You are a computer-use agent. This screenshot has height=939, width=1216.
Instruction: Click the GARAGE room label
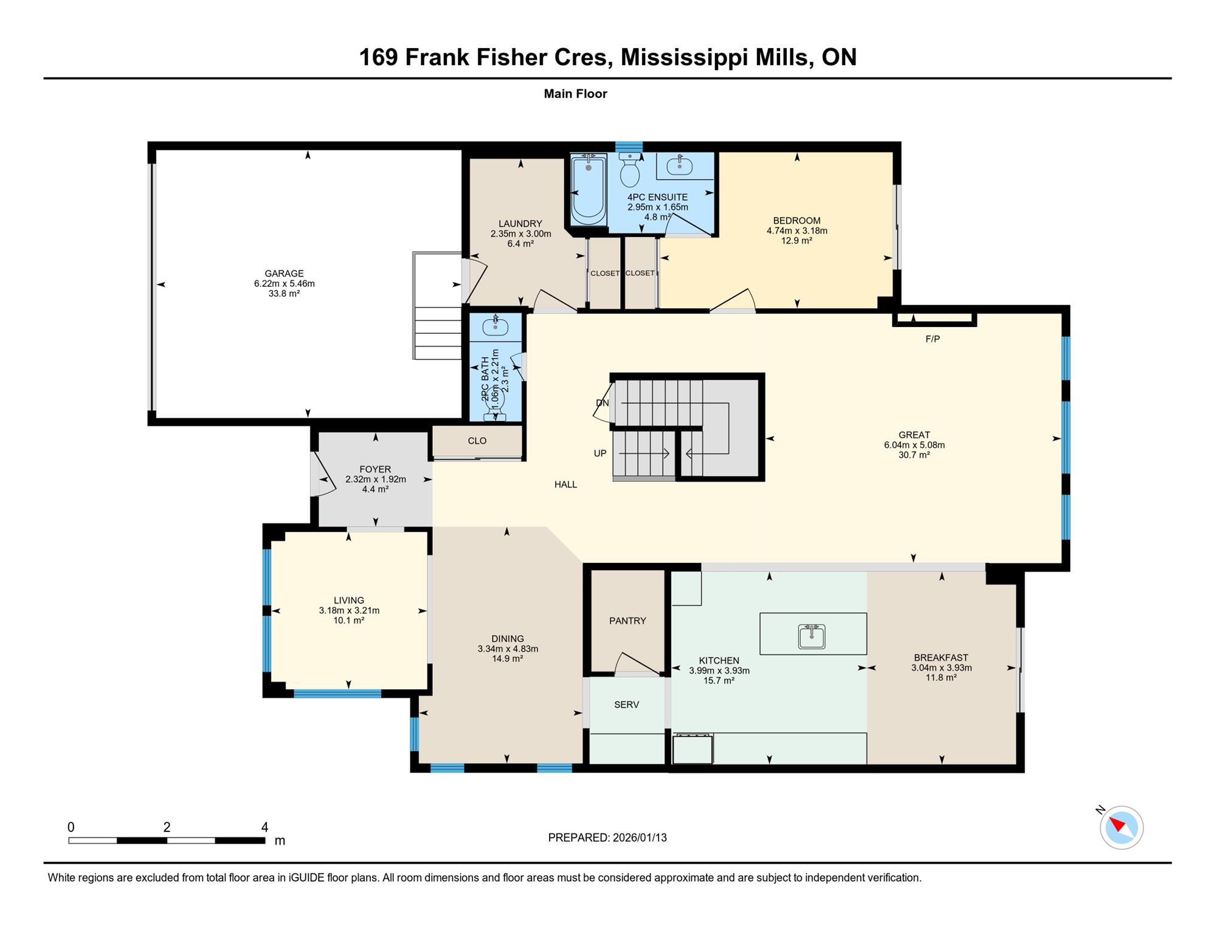coord(284,273)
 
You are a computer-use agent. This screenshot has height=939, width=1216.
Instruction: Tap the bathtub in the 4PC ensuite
coord(589,189)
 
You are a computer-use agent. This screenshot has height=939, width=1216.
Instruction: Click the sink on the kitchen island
coord(812,636)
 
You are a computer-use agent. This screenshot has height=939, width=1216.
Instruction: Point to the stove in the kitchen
coord(693,749)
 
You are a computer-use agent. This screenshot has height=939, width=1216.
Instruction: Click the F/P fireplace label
coord(933,339)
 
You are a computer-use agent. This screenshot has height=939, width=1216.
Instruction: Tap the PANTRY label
coord(627,621)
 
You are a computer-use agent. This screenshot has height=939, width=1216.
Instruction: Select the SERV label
coord(626,704)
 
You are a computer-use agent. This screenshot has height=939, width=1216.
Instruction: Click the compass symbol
coord(1121,827)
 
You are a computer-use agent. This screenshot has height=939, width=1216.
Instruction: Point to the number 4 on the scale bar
coord(264,827)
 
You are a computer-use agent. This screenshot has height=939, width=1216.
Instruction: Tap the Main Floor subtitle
coord(575,94)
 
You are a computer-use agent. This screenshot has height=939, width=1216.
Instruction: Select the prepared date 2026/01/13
coord(640,838)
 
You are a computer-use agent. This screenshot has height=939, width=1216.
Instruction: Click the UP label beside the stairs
coord(600,453)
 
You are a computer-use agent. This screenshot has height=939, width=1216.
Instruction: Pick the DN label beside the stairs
coord(603,403)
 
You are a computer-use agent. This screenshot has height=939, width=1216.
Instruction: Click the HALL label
coord(565,484)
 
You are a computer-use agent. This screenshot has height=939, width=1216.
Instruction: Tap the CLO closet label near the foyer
coord(477,441)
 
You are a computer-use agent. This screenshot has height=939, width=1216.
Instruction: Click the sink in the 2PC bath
coord(496,326)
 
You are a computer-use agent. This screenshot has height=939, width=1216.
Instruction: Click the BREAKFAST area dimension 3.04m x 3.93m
coord(941,667)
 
